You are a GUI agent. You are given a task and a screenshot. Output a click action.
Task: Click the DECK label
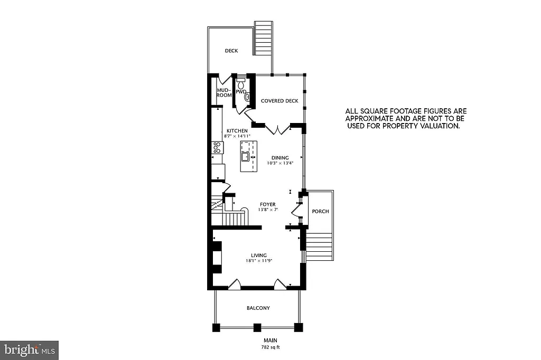pyautogui.click(x=231, y=51)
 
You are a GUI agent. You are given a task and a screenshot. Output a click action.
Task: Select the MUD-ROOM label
pyautogui.click(x=225, y=93)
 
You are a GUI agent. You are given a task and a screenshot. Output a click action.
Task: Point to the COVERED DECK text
pyautogui.click(x=279, y=101)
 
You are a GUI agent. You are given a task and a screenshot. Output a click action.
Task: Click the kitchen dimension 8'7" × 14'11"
pyautogui.click(x=237, y=136)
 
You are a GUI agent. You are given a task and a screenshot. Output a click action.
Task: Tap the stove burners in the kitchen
pyautogui.click(x=216, y=147)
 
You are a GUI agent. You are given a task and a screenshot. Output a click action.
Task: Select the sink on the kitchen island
pyautogui.click(x=246, y=156)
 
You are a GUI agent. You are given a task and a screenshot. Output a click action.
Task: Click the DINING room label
pyautogui.click(x=280, y=157)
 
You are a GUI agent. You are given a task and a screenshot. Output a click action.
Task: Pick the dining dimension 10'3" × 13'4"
pyautogui.click(x=280, y=163)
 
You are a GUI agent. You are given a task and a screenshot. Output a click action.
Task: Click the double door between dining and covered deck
pyautogui.click(x=277, y=129)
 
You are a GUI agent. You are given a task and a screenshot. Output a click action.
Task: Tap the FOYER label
pyautogui.click(x=267, y=204)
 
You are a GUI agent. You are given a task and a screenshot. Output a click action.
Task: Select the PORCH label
pyautogui.click(x=320, y=211)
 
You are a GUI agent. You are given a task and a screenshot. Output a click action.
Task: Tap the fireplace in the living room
pyautogui.click(x=217, y=258)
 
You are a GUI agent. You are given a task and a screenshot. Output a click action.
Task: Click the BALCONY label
pyautogui.click(x=258, y=308)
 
